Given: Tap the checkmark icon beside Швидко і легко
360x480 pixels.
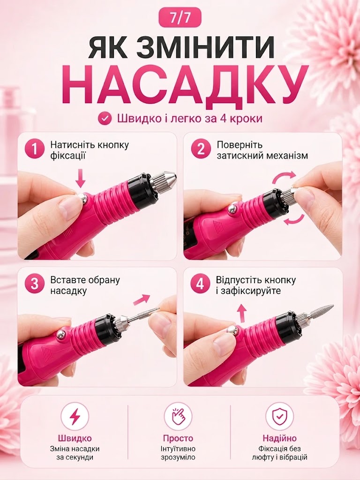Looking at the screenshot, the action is [x=105, y=118].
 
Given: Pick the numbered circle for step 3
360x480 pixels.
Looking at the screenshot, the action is [x=34, y=284].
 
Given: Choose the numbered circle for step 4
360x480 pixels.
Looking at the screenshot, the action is [x=200, y=284].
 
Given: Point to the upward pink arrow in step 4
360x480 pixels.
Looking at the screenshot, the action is [x=242, y=313].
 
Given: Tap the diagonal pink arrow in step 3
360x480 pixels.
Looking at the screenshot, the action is [x=142, y=300].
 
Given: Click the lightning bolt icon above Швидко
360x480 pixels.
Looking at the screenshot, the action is [x=75, y=417].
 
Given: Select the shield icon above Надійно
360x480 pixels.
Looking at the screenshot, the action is [x=279, y=417].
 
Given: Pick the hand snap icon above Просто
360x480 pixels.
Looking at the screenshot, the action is [x=178, y=417].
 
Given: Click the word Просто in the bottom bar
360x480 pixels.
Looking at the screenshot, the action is [x=178, y=438].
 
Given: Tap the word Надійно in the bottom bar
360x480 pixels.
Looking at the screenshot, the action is [x=279, y=438].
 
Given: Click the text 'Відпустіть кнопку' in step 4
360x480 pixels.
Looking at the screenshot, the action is [x=256, y=280].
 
